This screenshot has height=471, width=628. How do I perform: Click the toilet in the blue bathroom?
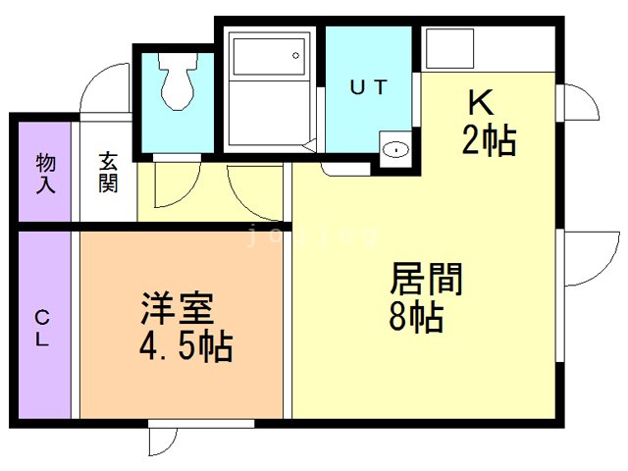tap(177, 84)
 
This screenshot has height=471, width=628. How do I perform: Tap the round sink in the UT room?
tap(395, 150)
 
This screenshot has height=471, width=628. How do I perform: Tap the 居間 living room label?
tap(426, 280)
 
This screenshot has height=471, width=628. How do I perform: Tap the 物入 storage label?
tap(45, 172)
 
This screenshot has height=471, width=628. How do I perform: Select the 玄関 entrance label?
tap(107, 171)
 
